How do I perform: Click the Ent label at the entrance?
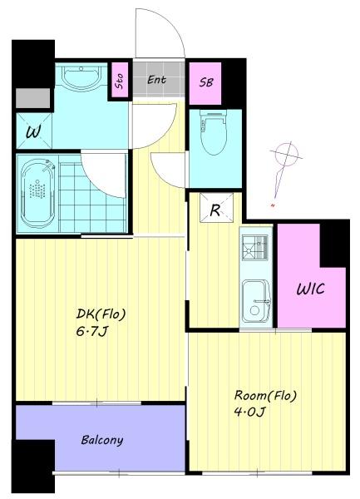pyautogui.click(x=156, y=80)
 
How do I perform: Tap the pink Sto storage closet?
pyautogui.click(x=120, y=80)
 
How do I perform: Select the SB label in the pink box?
pyautogui.click(x=206, y=82)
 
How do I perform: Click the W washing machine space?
pyautogui.click(x=34, y=131)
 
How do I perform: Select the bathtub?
pyautogui.click(x=38, y=193)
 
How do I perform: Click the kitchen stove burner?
pyautogui.click(x=254, y=247)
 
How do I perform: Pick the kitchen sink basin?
pyautogui.click(x=256, y=301)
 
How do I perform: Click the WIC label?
pyautogui.click(x=310, y=289)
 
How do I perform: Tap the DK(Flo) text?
pyautogui.click(x=101, y=314)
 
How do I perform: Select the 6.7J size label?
pyautogui.click(x=91, y=332)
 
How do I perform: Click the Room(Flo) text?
pyautogui.click(x=265, y=396)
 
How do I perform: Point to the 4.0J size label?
pyautogui.click(x=249, y=413)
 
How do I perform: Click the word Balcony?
pyautogui.click(x=102, y=440)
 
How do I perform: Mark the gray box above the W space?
pyautogui.click(x=33, y=98)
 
